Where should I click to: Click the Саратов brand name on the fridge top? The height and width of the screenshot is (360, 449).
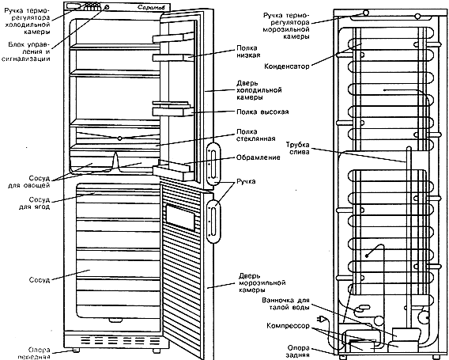pyautogui.click(x=151, y=7)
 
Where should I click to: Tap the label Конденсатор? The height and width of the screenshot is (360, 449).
pyautogui.click(x=287, y=66)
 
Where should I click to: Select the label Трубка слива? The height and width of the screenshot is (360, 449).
pyautogui.click(x=298, y=148)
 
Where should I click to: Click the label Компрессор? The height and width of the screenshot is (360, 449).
pyautogui.click(x=288, y=326)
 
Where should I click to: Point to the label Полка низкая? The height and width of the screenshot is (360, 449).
pyautogui.click(x=248, y=51)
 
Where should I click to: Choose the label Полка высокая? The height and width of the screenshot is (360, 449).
pyautogui.click(x=262, y=112)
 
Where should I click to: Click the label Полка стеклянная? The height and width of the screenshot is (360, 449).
pyautogui.click(x=255, y=135)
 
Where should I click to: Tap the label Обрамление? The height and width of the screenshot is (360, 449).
pyautogui.click(x=258, y=157)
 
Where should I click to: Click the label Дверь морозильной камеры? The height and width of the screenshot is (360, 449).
pyautogui.click(x=262, y=283)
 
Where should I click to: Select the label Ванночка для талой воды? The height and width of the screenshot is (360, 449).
pyautogui.click(x=286, y=304)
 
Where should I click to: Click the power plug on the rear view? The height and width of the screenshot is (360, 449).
pyautogui.click(x=320, y=319)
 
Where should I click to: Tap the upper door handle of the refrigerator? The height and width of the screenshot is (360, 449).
pyautogui.click(x=213, y=163)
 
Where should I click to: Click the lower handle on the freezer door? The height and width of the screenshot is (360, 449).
pyautogui.click(x=213, y=222)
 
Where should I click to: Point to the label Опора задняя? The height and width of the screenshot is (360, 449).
pyautogui.click(x=298, y=351)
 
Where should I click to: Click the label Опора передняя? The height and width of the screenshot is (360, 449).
pyautogui.click(x=36, y=354)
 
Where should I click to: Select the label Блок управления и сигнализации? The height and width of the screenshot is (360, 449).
pyautogui.click(x=26, y=52)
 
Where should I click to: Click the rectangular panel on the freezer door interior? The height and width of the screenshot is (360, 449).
pyautogui.click(x=180, y=218)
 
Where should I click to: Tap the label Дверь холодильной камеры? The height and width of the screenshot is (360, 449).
pyautogui.click(x=258, y=90)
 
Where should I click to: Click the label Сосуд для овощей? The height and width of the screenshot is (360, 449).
pyautogui.click(x=29, y=182)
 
